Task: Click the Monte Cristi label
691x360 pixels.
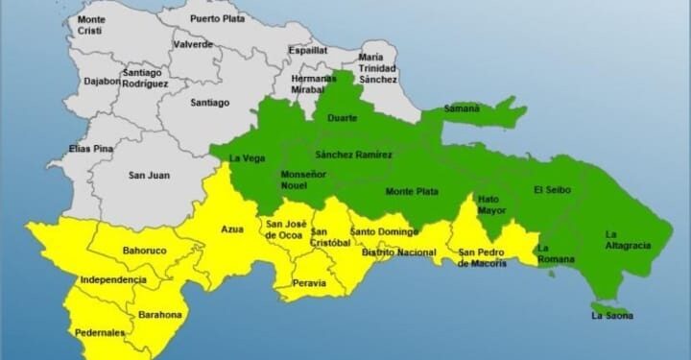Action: click(92, 25)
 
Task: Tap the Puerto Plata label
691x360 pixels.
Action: click(217, 18)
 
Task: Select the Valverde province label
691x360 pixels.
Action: click(193, 44)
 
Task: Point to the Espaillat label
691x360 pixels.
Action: click(307, 50)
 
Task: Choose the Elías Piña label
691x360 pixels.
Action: click(92, 149)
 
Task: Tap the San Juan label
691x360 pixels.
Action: click(149, 175)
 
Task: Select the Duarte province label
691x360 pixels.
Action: click(343, 118)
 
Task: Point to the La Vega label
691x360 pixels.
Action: click(247, 157)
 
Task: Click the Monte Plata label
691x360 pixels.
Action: click(412, 191)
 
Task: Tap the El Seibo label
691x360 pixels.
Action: click(552, 190)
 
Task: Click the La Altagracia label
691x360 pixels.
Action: click(628, 240)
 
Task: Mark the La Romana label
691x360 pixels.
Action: click(555, 253)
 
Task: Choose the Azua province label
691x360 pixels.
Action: click(232, 229)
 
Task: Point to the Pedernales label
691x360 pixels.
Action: click(100, 333)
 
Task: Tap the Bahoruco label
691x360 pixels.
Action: click(145, 251)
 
